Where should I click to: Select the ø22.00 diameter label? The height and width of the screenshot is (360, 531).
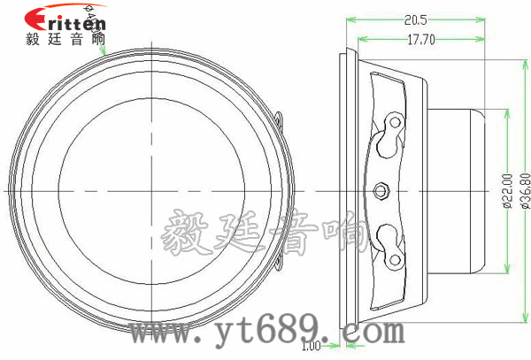point(507,189)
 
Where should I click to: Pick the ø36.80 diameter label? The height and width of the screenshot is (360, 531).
point(524,189)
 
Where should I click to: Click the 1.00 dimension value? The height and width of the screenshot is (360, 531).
point(311,346)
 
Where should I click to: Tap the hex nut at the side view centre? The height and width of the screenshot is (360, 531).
point(382,188)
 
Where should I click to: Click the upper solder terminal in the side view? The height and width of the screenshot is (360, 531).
point(389,133)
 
